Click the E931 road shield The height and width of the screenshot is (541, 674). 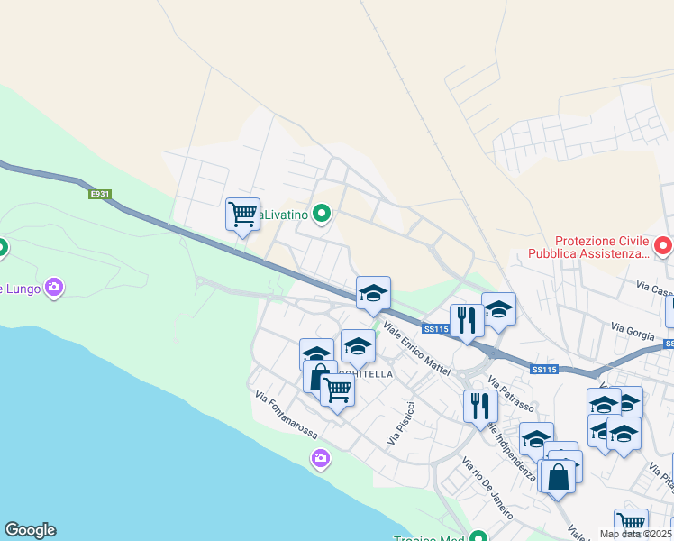[x=99, y=194]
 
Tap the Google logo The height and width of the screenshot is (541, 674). [x=30, y=530]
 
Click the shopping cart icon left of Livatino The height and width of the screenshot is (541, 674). [x=242, y=215]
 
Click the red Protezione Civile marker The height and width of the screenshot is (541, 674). [x=663, y=244]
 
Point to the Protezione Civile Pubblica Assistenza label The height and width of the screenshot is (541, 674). [x=602, y=247]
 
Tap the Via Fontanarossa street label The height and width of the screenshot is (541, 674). [x=287, y=414]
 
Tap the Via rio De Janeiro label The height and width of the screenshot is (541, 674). [x=487, y=488]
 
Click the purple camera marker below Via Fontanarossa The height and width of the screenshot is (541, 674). [x=320, y=460]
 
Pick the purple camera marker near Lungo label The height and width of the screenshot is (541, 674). [x=54, y=288]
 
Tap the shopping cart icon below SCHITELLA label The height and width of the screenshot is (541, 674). [x=337, y=390]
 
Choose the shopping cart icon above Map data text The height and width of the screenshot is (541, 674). [x=631, y=523]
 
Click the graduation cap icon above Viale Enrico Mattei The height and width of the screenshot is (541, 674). [x=373, y=292]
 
